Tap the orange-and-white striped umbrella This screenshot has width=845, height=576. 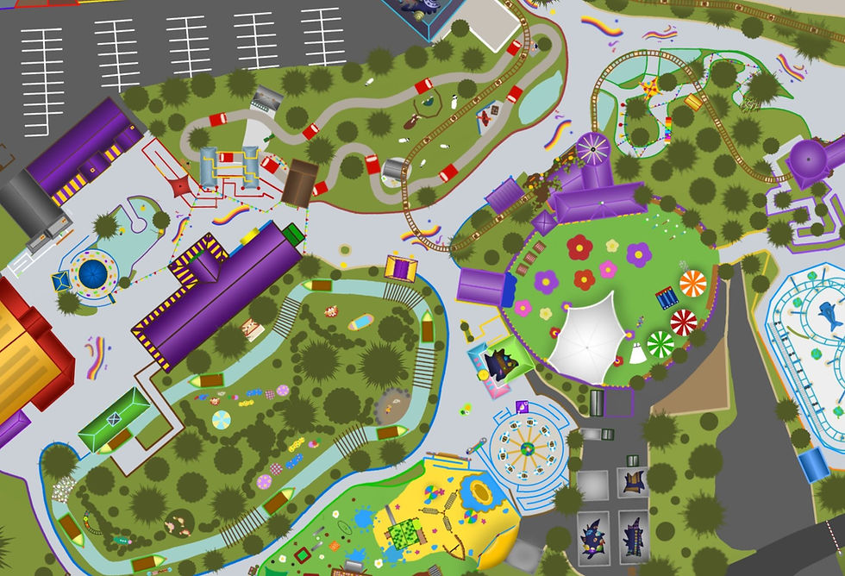click(692, 282)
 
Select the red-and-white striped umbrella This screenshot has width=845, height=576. click(683, 322)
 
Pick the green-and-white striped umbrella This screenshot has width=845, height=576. click(660, 344)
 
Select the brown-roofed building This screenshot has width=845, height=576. click(299, 183)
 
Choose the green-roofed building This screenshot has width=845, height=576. click(113, 418)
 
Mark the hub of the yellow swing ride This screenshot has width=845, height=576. click(525, 448)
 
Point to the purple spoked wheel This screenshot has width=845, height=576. click(592, 149)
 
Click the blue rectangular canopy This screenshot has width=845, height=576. click(812, 465)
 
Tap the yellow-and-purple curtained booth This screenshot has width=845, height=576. click(401, 267)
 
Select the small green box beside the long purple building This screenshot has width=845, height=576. click(293, 233)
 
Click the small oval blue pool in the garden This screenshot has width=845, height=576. click(361, 322)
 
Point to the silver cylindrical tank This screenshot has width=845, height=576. click(394, 168)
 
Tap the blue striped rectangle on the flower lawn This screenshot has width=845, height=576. click(667, 297)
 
